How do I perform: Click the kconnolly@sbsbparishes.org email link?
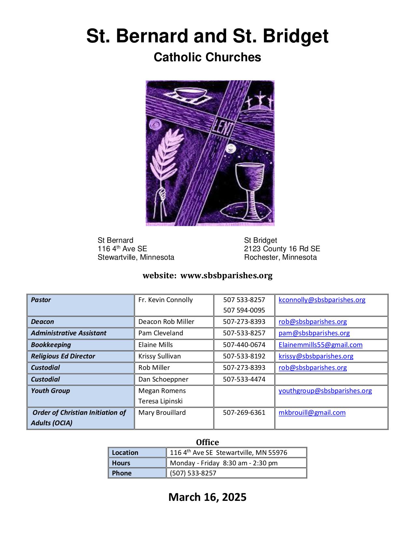(322, 300)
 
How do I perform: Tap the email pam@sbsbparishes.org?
(314, 333)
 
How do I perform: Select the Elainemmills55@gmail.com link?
(320, 345)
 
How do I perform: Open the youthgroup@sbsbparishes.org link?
(325, 391)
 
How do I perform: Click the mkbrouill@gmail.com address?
(312, 413)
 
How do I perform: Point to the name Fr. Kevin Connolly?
(165, 300)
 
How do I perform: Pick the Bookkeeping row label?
(51, 345)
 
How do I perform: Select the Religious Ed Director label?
(63, 356)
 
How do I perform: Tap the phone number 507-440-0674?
(244, 345)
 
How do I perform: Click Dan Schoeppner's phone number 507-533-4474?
(244, 379)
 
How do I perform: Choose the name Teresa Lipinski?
(160, 401)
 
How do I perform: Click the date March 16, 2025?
(207, 497)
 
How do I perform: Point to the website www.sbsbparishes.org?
(226, 276)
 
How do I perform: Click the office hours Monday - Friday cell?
(224, 463)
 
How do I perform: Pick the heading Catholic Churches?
(207, 57)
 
